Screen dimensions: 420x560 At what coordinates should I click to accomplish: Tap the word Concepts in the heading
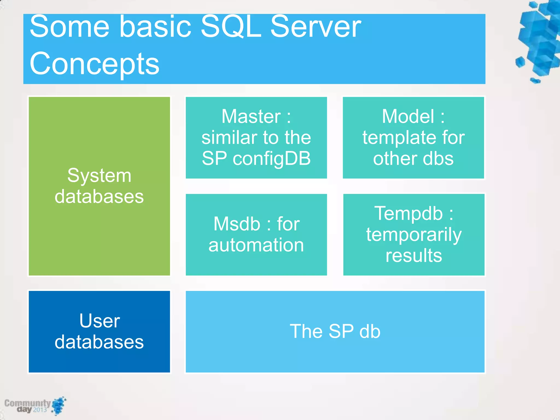pos(94,64)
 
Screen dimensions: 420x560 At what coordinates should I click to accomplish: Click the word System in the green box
pos(99,176)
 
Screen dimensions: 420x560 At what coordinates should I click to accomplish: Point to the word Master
pos(251,116)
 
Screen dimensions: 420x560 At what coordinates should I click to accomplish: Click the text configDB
pos(272,159)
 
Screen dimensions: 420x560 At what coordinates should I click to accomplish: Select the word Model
pos(408,116)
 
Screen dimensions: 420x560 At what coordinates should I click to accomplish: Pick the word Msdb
pos(237,224)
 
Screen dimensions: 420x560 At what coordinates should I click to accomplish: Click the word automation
pos(256,245)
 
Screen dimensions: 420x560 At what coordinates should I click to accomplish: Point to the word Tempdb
pos(408,213)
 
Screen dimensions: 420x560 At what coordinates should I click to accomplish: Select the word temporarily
pos(414,235)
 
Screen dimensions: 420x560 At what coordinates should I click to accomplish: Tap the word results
pos(414,256)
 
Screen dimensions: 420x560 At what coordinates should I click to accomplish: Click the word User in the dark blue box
pos(100,321)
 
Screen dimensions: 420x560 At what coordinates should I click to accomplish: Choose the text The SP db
pos(335,331)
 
